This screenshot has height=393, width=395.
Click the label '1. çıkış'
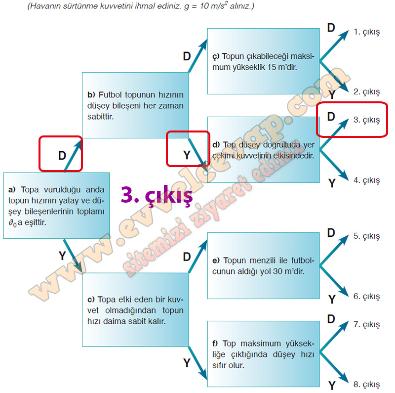pyautogui.click(x=366, y=32)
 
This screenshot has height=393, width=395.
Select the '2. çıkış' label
pyautogui.click(x=366, y=92)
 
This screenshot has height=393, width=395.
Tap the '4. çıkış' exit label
pyautogui.click(x=366, y=180)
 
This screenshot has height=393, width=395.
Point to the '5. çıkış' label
pyautogui.click(x=366, y=236)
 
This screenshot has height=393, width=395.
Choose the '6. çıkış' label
pyautogui.click(x=366, y=297)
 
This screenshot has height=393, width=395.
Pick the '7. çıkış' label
pyautogui.click(x=366, y=325)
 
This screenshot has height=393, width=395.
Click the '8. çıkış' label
pyautogui.click(x=366, y=385)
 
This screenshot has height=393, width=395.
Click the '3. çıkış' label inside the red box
pyautogui.click(x=366, y=120)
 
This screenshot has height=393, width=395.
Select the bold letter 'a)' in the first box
pyautogui.click(x=12, y=190)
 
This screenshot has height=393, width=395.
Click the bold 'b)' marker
pyautogui.click(x=91, y=95)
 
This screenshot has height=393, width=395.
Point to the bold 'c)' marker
pyautogui.click(x=91, y=300)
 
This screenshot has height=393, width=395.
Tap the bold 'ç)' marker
pyautogui.click(x=216, y=57)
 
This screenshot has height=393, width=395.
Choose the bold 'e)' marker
pyautogui.click(x=216, y=261)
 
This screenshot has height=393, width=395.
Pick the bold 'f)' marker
pyautogui.click(x=215, y=344)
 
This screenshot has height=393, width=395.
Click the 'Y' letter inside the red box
pyautogui.click(x=187, y=155)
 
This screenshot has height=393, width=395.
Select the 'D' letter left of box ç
pyautogui.click(x=187, y=56)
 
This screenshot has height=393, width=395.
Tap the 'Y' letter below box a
pyautogui.click(x=62, y=256)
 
